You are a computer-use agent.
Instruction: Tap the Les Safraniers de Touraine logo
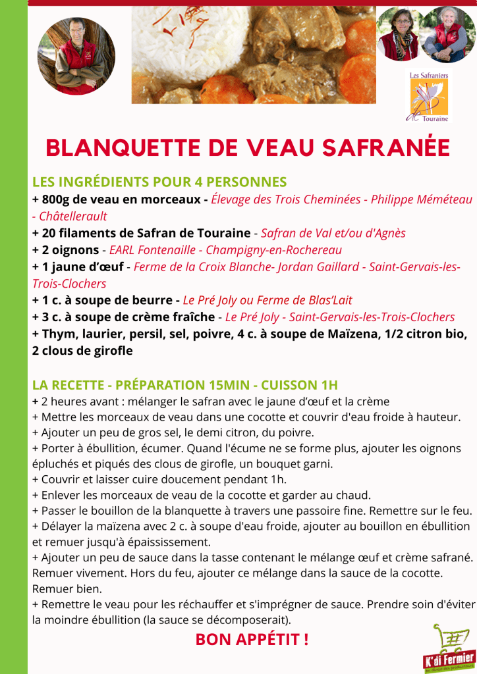(x=429, y=97)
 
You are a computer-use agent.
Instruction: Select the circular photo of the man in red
(x=76, y=56)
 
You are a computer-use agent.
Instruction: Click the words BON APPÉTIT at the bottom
(x=252, y=638)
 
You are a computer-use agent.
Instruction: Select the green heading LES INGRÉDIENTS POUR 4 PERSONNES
(x=159, y=182)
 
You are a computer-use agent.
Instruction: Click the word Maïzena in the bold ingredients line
(x=352, y=334)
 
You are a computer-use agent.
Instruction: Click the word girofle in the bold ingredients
(x=109, y=351)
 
